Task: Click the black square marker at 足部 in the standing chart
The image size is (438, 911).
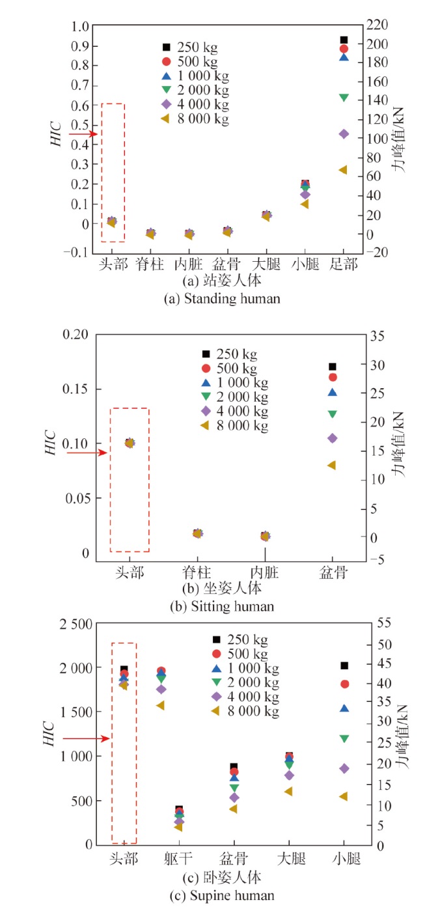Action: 344,40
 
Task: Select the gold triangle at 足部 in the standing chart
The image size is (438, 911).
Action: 343,170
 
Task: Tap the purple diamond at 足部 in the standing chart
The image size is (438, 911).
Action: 344,133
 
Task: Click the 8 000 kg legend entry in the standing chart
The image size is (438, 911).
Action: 195,119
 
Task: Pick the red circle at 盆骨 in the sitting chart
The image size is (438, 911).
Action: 333,377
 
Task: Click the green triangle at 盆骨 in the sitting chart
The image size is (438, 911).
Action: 333,413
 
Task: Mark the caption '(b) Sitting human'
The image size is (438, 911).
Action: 221,606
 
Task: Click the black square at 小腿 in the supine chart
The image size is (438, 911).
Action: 344,666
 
